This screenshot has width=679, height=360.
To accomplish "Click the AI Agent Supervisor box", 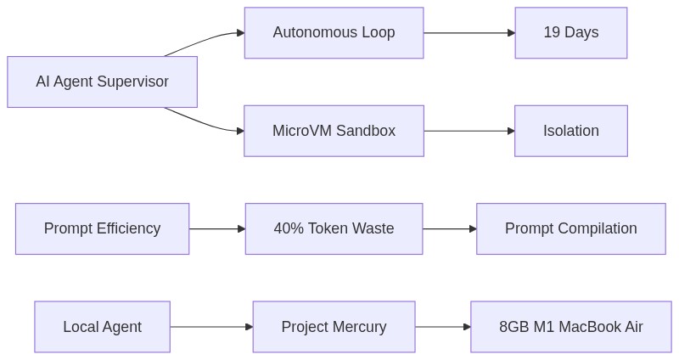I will tap(102, 82).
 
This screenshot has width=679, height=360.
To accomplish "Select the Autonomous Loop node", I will tap(334, 33).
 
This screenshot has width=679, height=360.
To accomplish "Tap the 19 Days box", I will tap(570, 33).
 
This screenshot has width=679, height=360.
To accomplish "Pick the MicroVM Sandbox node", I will tap(334, 131).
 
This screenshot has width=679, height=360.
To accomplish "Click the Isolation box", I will tap(570, 131).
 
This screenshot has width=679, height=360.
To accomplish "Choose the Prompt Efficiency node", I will tap(102, 228).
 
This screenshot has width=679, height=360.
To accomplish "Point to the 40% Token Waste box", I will tap(334, 228).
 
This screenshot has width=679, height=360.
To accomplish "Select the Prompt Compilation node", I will tap(570, 228).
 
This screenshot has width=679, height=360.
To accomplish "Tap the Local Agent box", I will tap(102, 327).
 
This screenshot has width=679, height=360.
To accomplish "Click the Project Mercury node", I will tap(334, 327).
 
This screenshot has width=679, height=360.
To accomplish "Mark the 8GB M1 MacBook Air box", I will tap(570, 327).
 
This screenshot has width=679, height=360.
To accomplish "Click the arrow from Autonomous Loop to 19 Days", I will tap(469, 33).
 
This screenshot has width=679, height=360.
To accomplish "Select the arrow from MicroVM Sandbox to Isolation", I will tap(469, 131).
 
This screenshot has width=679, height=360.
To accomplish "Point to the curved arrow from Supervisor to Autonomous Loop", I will tap(204, 40).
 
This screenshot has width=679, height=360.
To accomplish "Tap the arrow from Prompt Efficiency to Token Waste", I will tap(216, 228).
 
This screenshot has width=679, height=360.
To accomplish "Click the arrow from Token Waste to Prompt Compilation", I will tap(449, 228).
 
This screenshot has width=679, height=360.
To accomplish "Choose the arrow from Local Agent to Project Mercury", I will tap(211, 327).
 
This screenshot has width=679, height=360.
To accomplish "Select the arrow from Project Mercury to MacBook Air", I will tap(442, 327).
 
